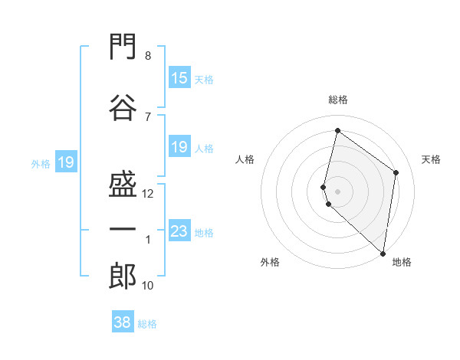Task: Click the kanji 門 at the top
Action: (x=123, y=46)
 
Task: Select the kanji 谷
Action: (x=123, y=107)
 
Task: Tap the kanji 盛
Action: (x=123, y=184)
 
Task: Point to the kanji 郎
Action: (x=123, y=277)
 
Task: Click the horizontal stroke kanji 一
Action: (x=123, y=229)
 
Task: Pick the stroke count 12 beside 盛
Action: (x=147, y=194)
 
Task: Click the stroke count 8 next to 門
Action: (x=148, y=56)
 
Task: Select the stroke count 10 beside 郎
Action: (x=147, y=286)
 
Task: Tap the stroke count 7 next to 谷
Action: (x=148, y=117)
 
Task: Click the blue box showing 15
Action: (x=179, y=77)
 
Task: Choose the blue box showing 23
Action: (x=179, y=230)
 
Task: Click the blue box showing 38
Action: (x=123, y=321)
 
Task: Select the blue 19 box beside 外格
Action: (x=66, y=162)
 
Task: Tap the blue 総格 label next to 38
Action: (x=147, y=324)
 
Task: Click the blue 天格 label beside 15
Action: (x=204, y=80)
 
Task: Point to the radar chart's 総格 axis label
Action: (x=338, y=100)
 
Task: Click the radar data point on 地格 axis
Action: (x=383, y=254)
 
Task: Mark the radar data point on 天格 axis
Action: (x=396, y=172)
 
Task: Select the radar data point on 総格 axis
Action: (x=337, y=130)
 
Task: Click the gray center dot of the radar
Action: (x=337, y=191)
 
